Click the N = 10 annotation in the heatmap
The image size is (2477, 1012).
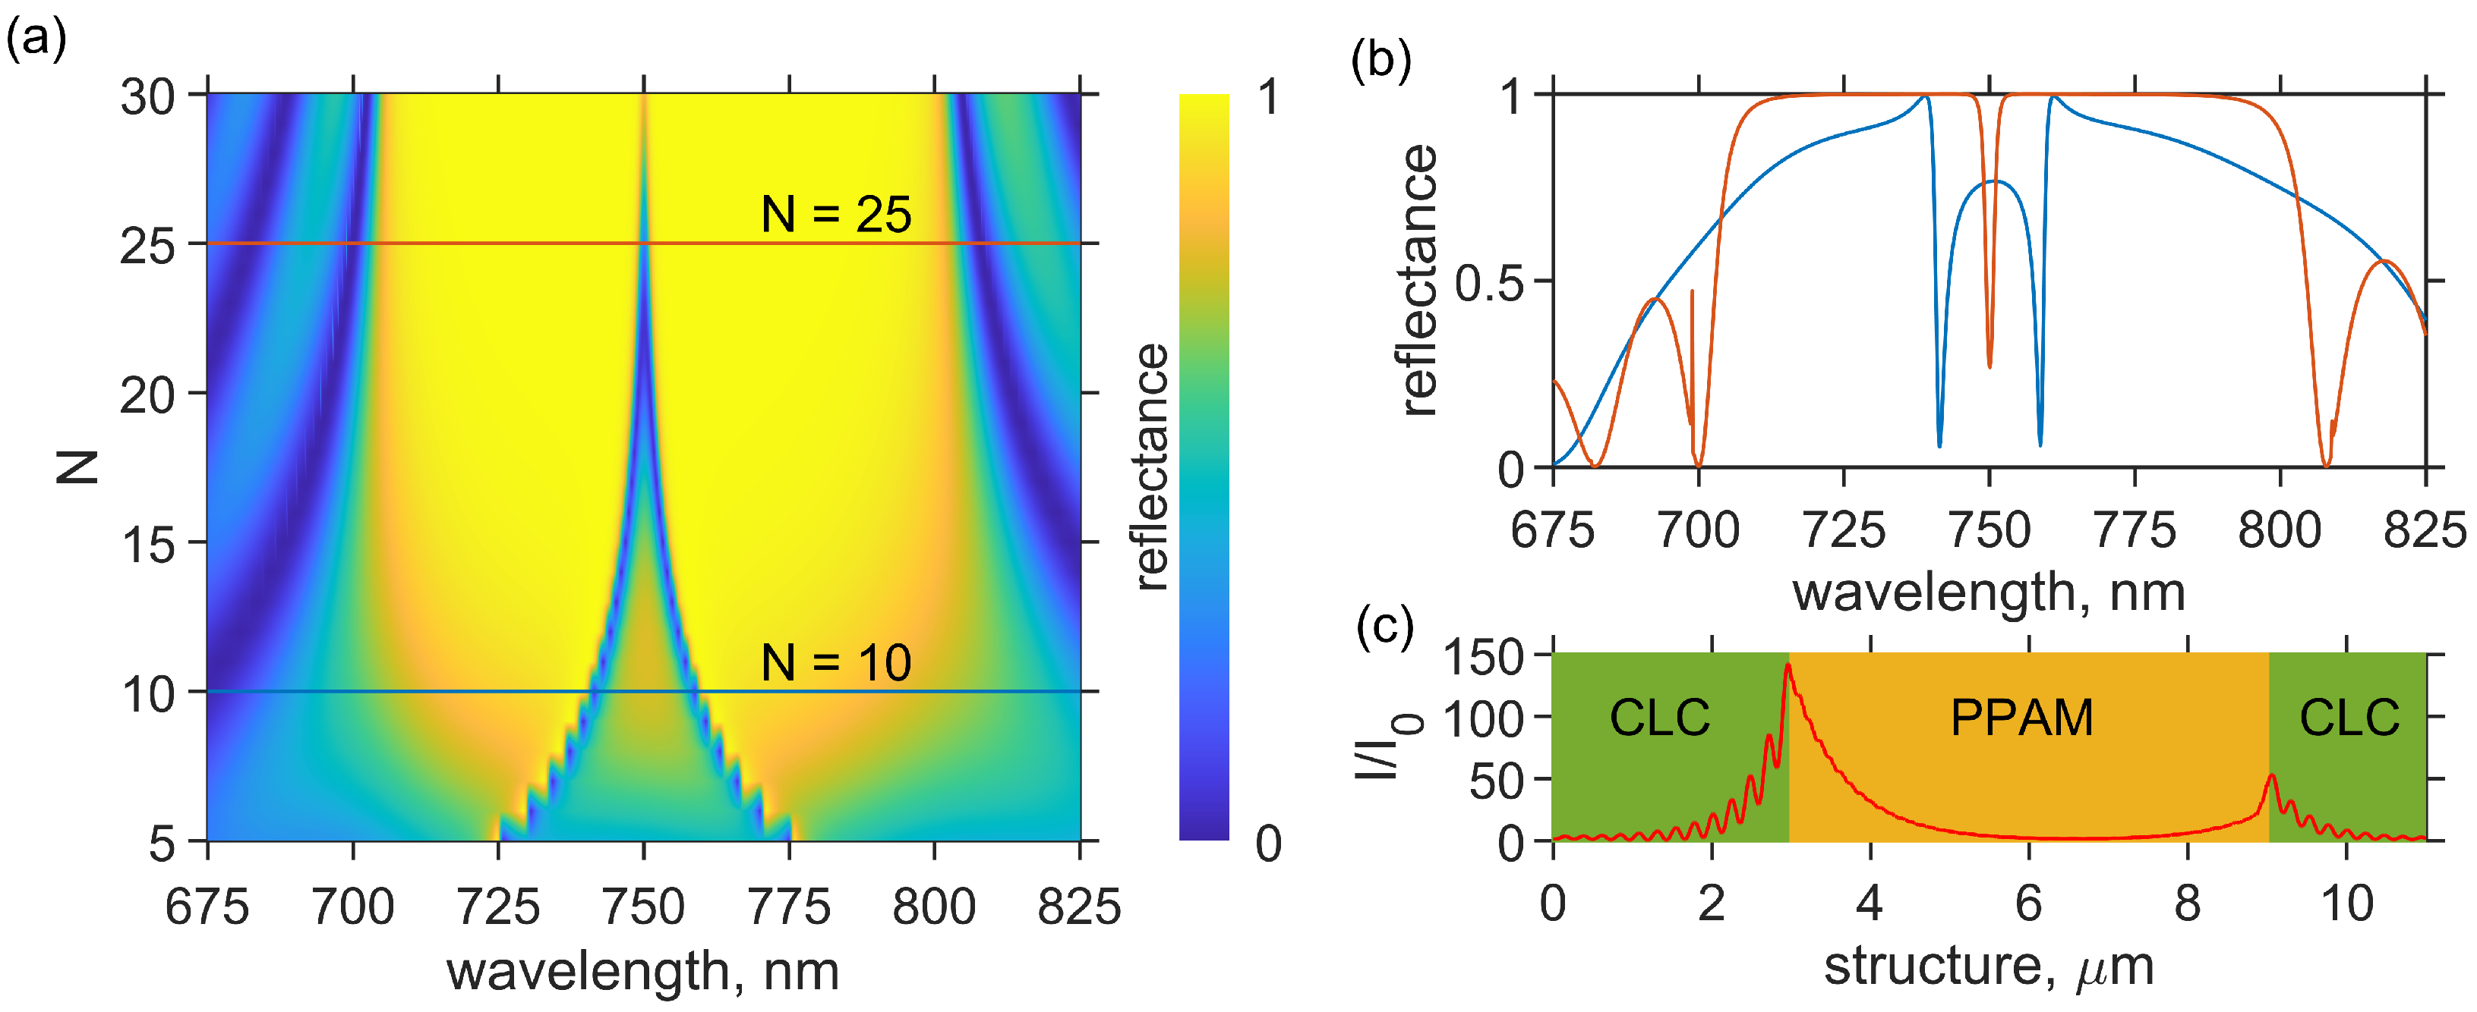[x=835, y=662]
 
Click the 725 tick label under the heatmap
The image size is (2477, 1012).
[x=498, y=907]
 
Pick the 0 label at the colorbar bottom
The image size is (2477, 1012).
[x=1268, y=844]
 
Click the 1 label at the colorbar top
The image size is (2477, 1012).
[x=1268, y=98]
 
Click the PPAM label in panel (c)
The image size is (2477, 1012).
[x=2021, y=717]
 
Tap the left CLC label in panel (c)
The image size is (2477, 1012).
[x=1660, y=717]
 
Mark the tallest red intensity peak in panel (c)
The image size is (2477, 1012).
[x=1788, y=666]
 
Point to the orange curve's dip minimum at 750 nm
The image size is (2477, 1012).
[x=1989, y=366]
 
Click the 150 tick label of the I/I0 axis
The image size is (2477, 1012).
[x=1484, y=658]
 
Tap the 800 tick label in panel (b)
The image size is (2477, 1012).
[x=2279, y=530]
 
